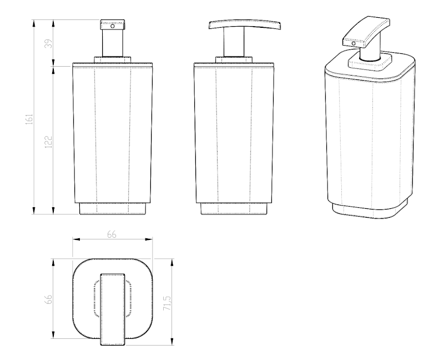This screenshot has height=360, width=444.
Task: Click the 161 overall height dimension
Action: (30, 119)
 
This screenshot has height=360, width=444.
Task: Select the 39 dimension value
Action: (49, 43)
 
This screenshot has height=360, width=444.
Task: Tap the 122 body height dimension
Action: (49, 142)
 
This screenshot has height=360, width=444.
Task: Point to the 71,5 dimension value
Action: (167, 303)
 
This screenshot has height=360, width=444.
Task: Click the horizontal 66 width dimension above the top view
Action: (112, 234)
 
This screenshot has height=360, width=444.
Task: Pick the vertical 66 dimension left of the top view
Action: (49, 299)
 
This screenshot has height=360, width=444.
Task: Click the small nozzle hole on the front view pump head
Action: (113, 26)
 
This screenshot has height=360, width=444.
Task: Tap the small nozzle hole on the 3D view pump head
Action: (354, 44)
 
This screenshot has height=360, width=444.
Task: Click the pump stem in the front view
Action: (113, 43)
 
